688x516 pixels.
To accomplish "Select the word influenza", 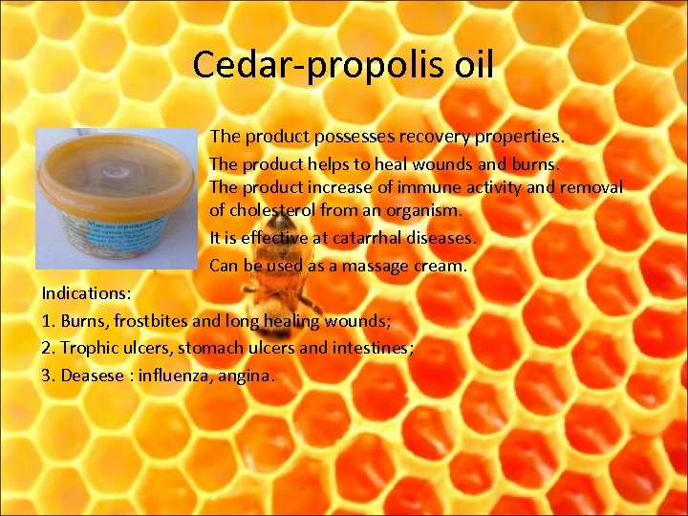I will (x=173, y=376).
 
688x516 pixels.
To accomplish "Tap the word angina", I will (x=246, y=376).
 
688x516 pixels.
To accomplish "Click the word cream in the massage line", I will (x=442, y=265).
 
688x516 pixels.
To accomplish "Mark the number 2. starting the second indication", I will (x=49, y=348).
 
